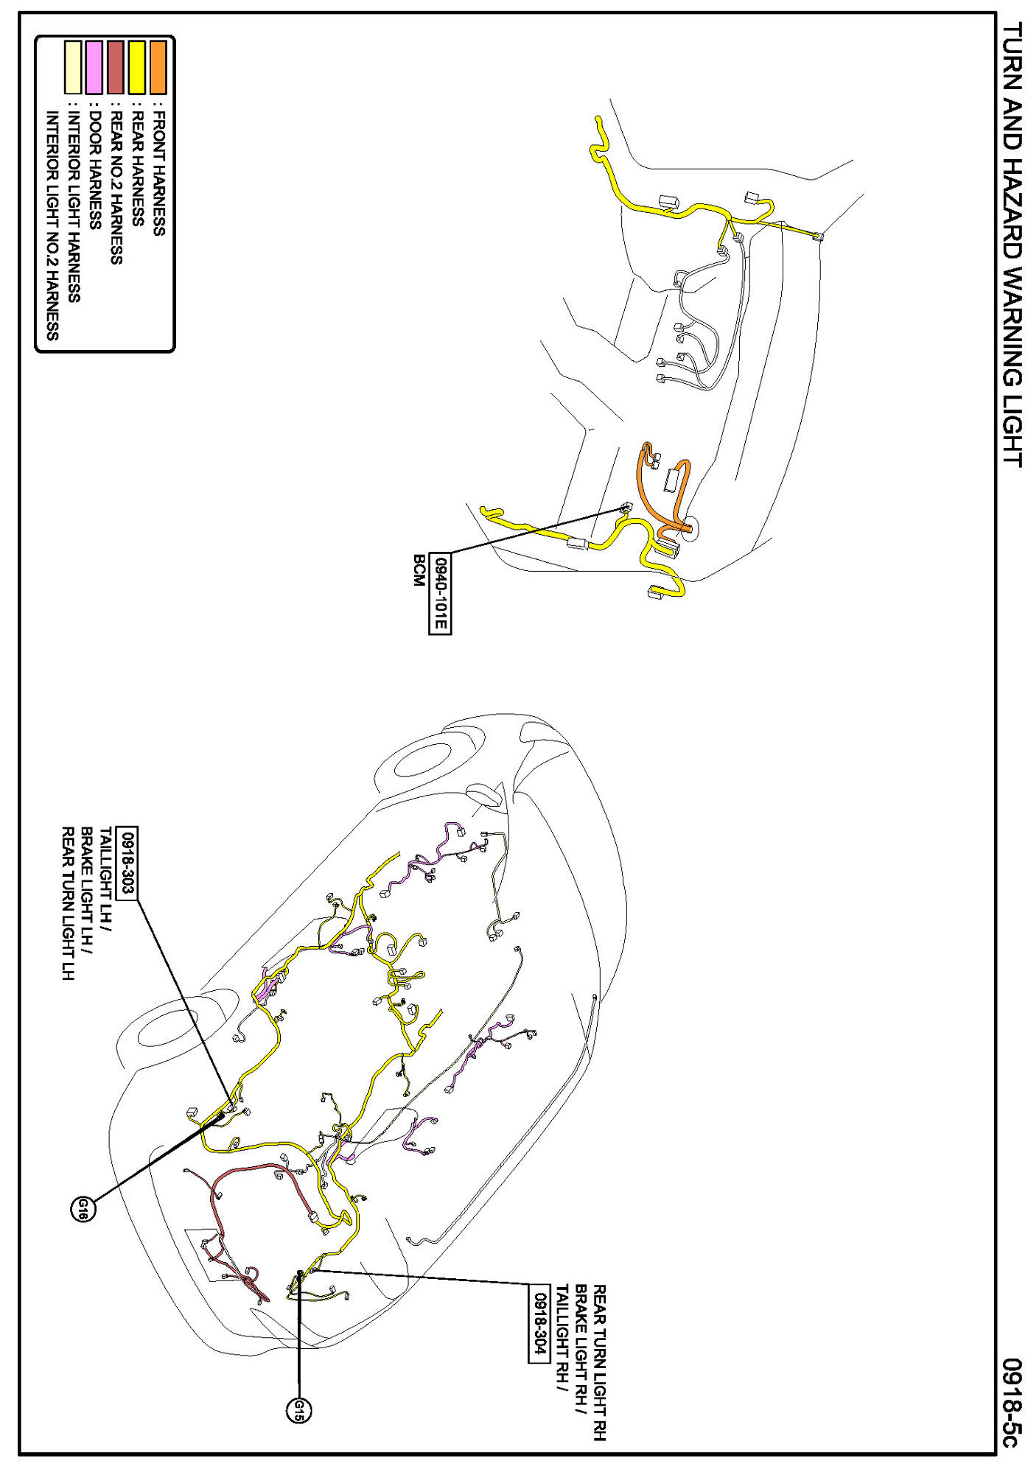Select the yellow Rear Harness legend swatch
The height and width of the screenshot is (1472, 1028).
[x=137, y=67]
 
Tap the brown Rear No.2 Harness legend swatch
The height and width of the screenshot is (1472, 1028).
[x=116, y=67]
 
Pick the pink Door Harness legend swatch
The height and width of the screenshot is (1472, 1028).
[x=94, y=67]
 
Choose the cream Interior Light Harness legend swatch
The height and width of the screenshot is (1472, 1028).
[x=73, y=67]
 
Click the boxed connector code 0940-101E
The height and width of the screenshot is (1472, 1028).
[x=440, y=593]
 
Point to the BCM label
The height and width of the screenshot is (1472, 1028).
[x=419, y=571]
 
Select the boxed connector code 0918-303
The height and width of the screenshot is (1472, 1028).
[x=127, y=862]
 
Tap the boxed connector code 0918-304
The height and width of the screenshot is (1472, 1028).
[x=539, y=1323]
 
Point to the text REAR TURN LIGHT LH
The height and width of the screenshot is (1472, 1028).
[x=68, y=903]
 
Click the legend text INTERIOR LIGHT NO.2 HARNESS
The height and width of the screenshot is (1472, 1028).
[x=52, y=225]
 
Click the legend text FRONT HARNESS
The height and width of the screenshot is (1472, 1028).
[x=158, y=173]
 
